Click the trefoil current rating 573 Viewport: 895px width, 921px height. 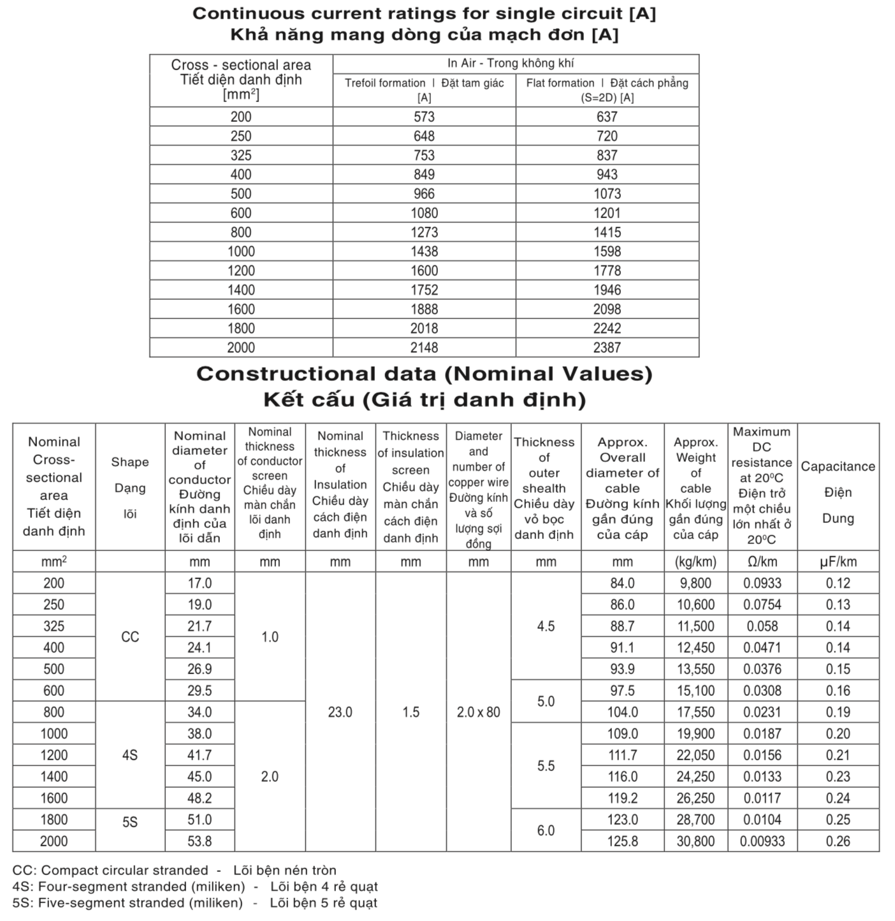coord(424,117)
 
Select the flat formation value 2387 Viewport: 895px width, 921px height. coord(607,348)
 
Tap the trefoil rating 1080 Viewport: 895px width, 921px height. coord(424,213)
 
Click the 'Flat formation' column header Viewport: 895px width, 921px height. coord(607,90)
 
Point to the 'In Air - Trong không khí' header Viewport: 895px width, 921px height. coord(515,63)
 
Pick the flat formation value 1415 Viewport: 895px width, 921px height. coord(607,232)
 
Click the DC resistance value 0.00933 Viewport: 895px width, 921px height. coord(762,841)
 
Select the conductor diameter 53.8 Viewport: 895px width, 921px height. coord(200,841)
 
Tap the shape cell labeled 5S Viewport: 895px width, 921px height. coord(130,822)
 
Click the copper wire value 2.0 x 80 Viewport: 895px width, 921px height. coord(478,712)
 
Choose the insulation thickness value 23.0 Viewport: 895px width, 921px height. coord(340,712)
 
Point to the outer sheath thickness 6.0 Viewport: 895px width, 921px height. coord(546,830)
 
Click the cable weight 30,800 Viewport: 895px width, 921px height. coord(695,841)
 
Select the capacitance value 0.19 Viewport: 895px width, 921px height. coord(838,712)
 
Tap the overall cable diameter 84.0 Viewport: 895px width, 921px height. coord(622,583)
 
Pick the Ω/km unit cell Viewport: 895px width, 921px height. coord(762,562)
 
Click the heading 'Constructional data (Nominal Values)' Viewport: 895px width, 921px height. coord(424,374)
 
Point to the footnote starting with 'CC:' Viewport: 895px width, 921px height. coord(174,870)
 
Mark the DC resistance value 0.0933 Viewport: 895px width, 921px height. coord(762,583)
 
